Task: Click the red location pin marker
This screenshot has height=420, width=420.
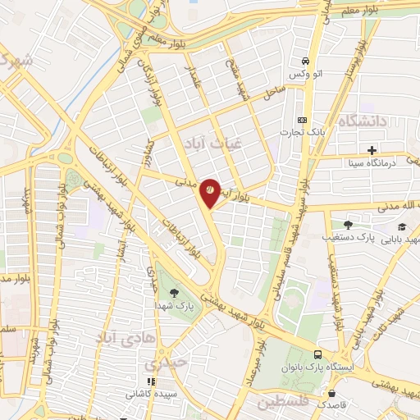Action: tap(210, 191)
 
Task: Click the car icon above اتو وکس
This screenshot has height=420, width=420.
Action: tap(305, 62)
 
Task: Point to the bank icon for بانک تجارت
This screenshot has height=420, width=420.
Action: tap(300, 119)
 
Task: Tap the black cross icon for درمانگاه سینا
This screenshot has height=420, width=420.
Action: tap(372, 150)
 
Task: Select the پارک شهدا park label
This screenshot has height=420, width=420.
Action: tap(174, 306)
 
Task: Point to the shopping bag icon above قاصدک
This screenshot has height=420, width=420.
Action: tap(331, 393)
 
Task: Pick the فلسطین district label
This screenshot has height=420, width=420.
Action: tap(283, 402)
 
